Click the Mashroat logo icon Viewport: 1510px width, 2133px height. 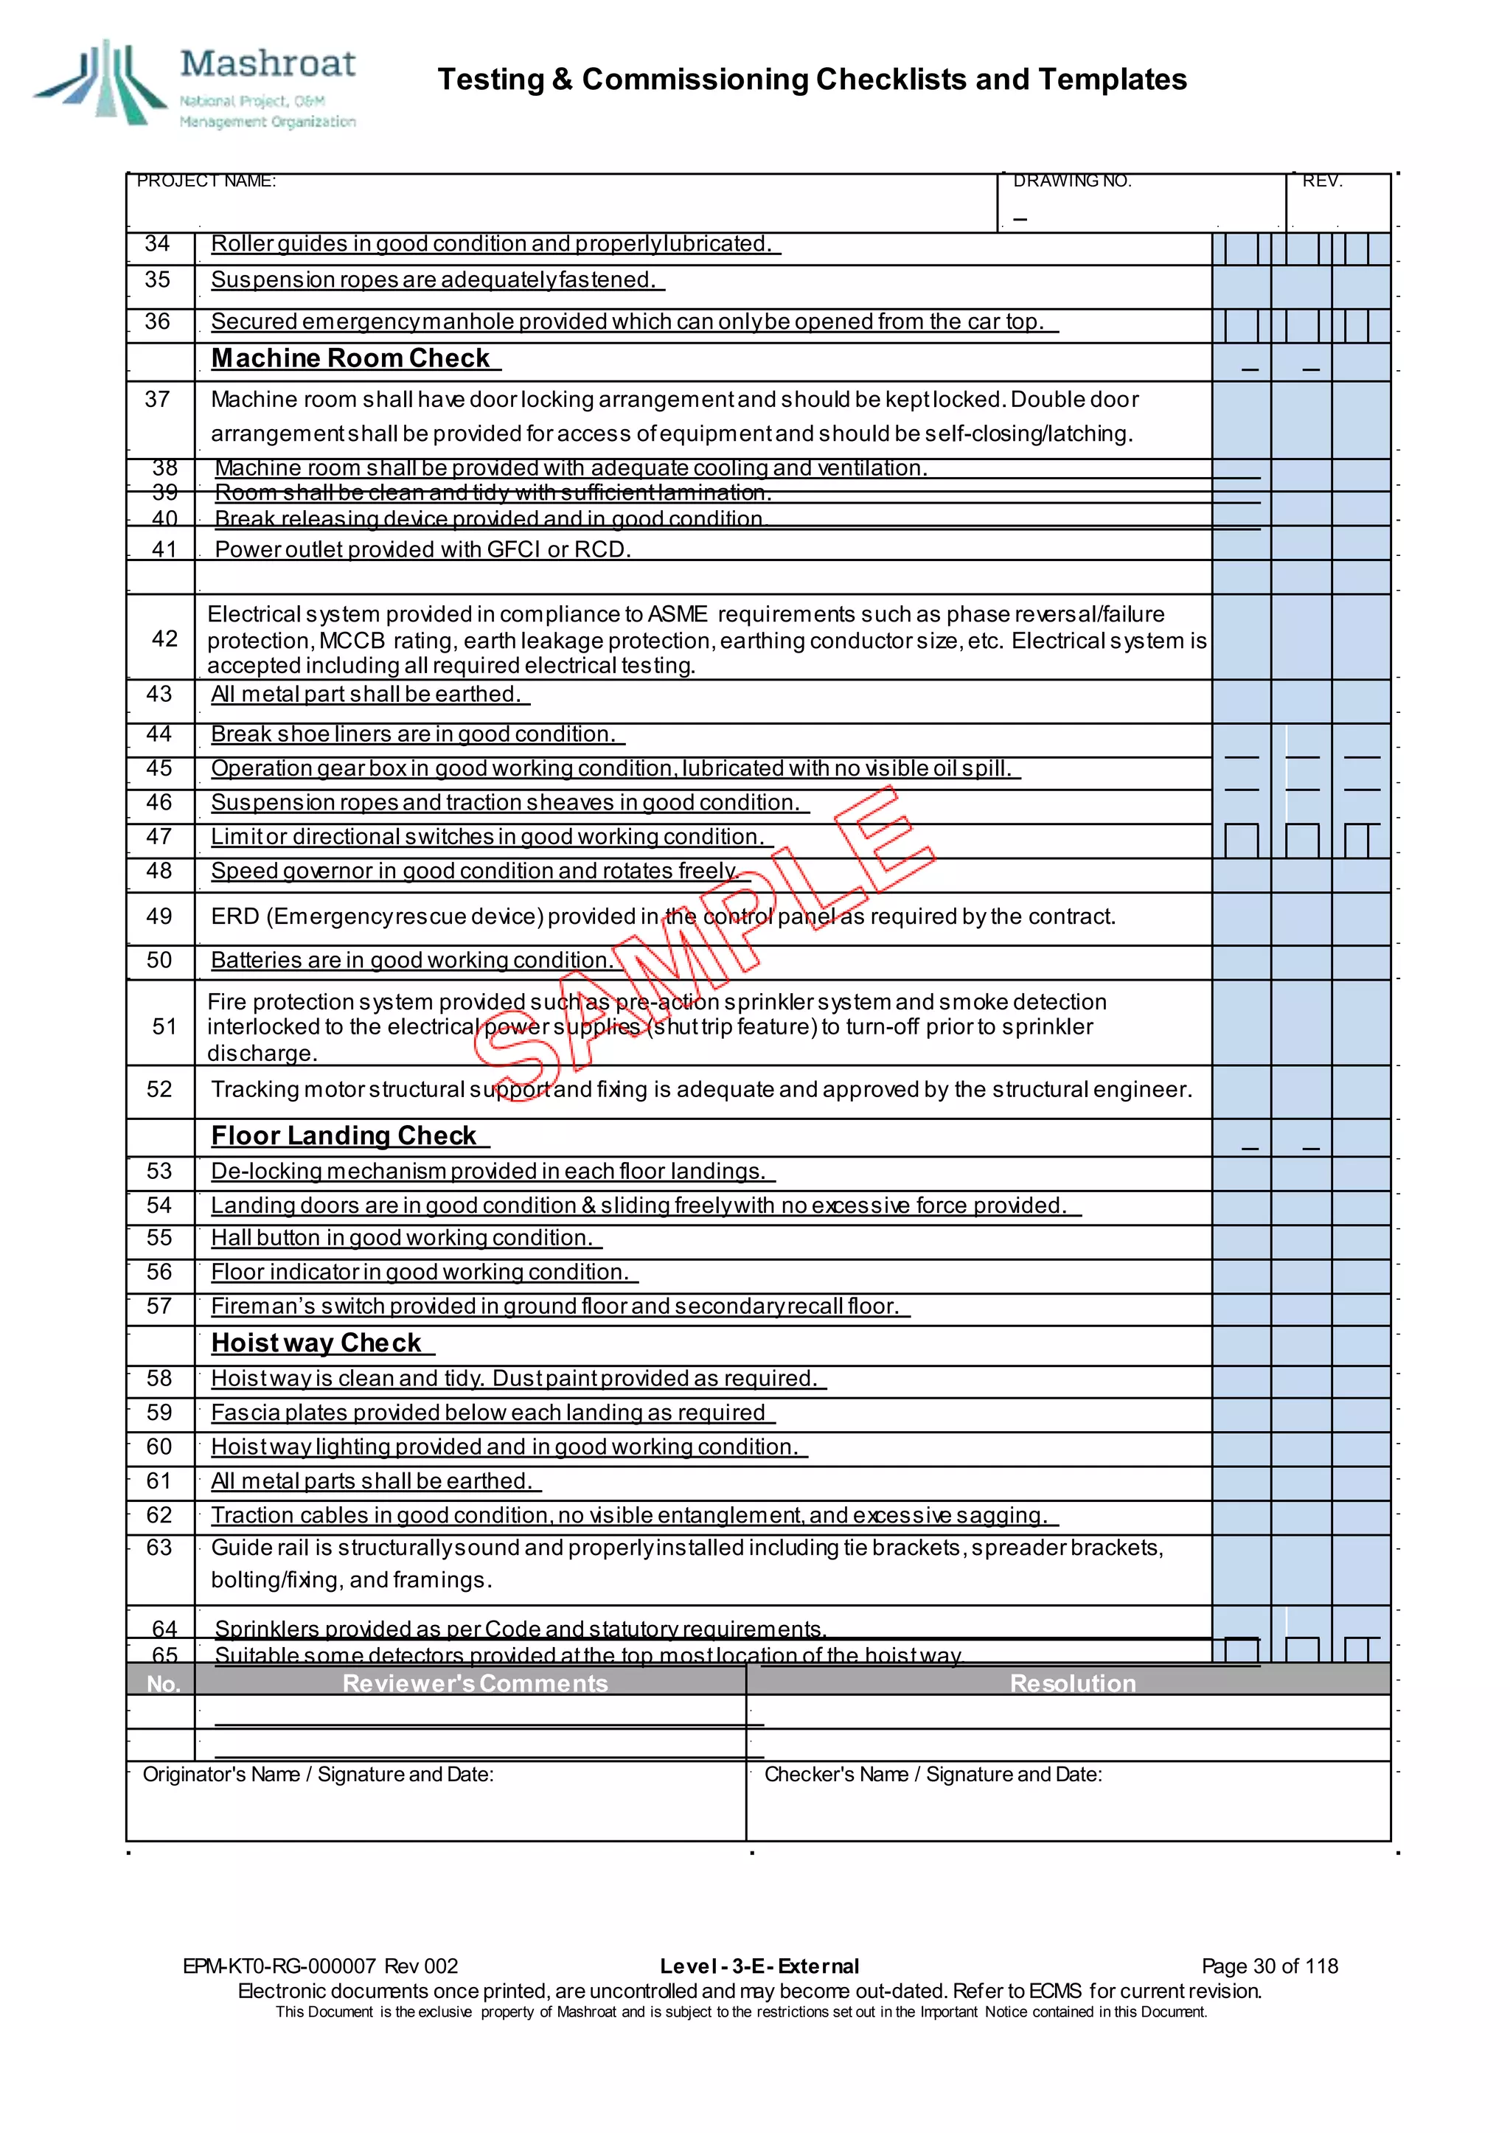coord(100,84)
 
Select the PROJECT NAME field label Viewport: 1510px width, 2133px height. coord(206,181)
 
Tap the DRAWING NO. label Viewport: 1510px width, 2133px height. coord(1071,181)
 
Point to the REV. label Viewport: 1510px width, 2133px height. coord(1321,181)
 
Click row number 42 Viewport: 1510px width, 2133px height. coord(164,638)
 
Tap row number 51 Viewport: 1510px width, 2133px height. coord(164,1026)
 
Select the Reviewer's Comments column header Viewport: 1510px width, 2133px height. coord(474,1683)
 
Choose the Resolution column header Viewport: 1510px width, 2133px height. coord(1072,1683)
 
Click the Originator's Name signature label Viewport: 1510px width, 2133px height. coord(317,1774)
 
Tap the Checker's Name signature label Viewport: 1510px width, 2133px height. coord(932,1774)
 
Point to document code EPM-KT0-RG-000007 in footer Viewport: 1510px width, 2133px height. coord(279,1966)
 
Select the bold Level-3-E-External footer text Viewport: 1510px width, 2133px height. coord(759,1966)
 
